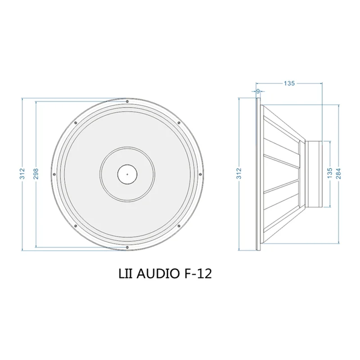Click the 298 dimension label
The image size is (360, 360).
(x=36, y=173)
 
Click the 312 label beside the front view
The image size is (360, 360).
(x=22, y=173)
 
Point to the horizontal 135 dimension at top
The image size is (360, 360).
(x=289, y=83)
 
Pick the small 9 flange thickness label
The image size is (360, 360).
(x=257, y=91)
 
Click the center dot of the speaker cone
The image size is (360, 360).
(x=127, y=173)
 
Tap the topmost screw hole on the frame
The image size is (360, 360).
(x=127, y=101)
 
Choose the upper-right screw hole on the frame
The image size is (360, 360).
(x=179, y=123)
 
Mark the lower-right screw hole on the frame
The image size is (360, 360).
(x=179, y=225)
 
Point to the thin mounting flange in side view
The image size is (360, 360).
(x=257, y=173)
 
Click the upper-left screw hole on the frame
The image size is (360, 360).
(x=75, y=123)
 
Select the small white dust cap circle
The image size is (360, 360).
(x=127, y=173)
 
